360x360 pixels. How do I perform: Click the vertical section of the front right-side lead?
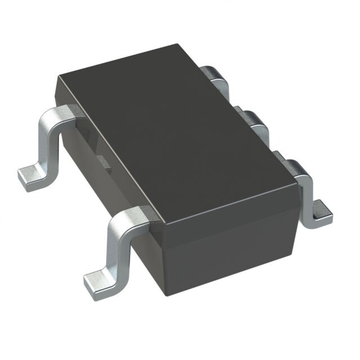click(307, 194)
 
